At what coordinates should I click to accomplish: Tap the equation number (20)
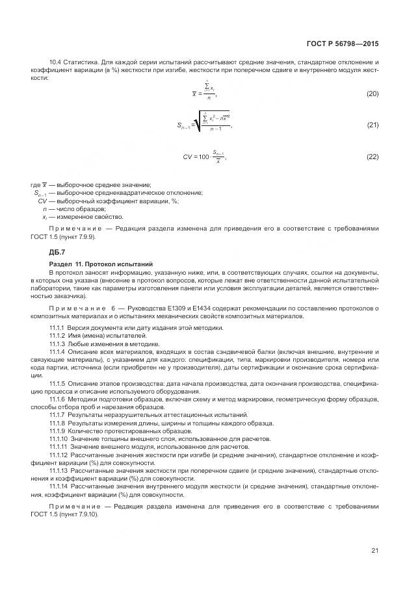[x=373, y=94]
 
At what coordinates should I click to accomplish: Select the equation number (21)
[x=373, y=124]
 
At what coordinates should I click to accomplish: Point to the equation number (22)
[x=373, y=157]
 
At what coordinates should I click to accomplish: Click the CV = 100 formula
[x=204, y=157]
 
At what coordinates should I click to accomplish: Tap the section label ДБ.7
[x=57, y=251]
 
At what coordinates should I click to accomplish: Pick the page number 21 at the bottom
[x=374, y=551]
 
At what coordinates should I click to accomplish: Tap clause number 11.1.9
[x=59, y=430]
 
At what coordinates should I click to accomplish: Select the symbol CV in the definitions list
[x=44, y=201]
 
